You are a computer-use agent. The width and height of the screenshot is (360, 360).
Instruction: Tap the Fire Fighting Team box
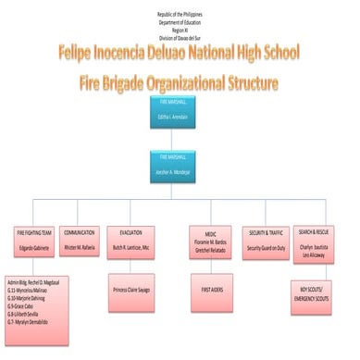(31, 242)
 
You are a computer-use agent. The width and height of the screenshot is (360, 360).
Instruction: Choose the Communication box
(81, 242)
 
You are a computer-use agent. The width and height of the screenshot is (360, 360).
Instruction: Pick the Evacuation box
(130, 242)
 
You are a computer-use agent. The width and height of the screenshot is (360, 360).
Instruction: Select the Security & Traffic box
(265, 242)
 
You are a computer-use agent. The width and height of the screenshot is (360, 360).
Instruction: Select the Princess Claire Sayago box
(130, 290)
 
